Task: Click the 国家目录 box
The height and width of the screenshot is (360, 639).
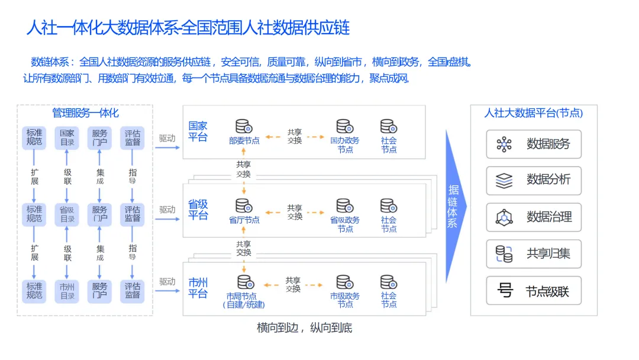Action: [67, 137]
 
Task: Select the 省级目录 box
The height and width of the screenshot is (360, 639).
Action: [67, 214]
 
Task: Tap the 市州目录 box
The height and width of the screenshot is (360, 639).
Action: [67, 291]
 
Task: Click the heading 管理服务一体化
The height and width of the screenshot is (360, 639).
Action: [85, 113]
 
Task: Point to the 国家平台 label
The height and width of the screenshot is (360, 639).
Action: [198, 131]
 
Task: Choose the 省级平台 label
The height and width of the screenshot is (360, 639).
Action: [198, 210]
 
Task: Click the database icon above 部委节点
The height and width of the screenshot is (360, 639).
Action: [243, 127]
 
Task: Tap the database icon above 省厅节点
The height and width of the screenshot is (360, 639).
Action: [243, 206]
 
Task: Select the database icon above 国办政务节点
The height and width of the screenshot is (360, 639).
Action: [344, 127]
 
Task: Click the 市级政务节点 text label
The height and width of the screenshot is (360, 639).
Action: [345, 300]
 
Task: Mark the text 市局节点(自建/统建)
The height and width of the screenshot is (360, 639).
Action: [244, 300]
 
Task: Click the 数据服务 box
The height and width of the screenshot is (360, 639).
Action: [534, 144]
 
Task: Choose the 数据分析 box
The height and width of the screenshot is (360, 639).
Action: [534, 181]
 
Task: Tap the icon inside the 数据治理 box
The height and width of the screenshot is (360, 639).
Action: [504, 217]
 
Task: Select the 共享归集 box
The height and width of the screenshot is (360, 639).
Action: [534, 254]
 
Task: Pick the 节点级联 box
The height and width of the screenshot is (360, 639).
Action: [534, 291]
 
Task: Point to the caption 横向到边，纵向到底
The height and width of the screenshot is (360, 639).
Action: [305, 327]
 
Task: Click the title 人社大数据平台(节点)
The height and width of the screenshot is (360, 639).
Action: [533, 113]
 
